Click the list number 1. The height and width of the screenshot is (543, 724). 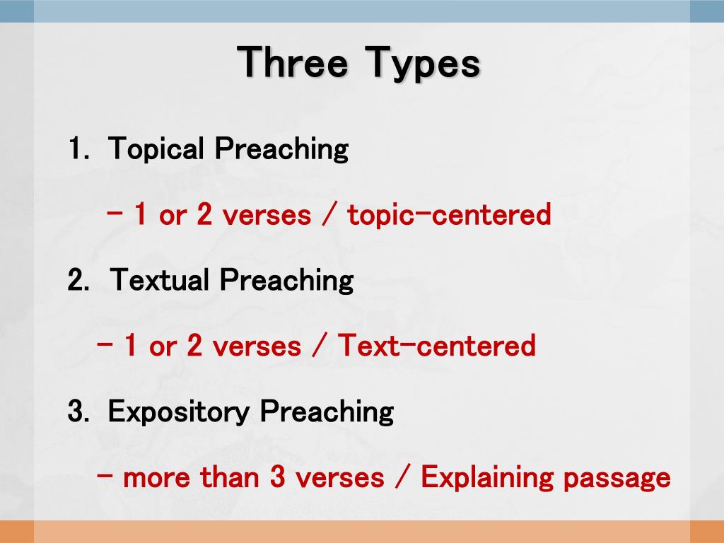coord(76,150)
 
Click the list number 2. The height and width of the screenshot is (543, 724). coord(77,281)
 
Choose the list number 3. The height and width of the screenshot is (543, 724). coord(76,412)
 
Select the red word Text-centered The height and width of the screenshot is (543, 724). coord(436,346)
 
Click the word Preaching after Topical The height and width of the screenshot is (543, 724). coord(281,150)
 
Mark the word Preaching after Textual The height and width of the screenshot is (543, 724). coord(286,281)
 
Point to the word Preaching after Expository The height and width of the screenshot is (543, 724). coord(326,412)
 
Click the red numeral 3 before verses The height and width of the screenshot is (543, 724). coord(277,478)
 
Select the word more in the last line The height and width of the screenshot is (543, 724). coord(156,479)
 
